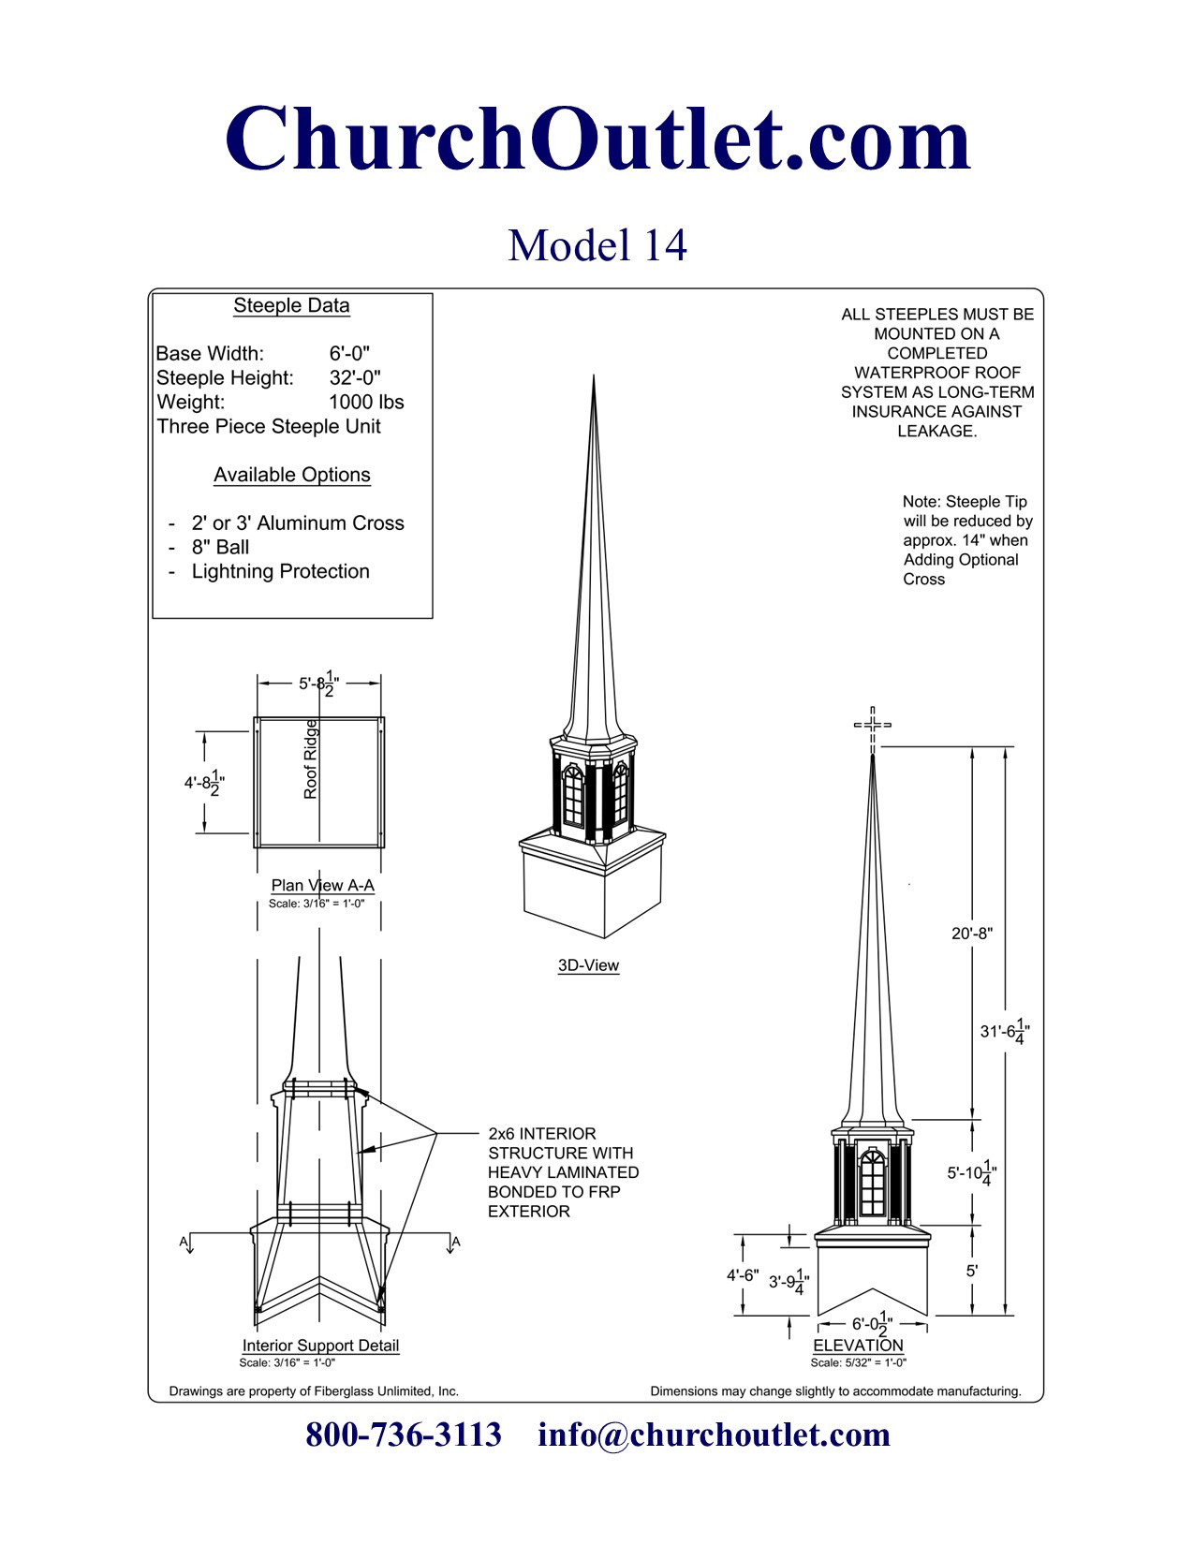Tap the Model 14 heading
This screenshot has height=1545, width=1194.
pyautogui.click(x=597, y=245)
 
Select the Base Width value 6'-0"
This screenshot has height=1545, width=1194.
pyautogui.click(x=349, y=354)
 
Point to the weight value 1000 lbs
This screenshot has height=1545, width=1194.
pyautogui.click(x=366, y=403)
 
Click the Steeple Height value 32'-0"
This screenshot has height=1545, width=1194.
pyautogui.click(x=354, y=378)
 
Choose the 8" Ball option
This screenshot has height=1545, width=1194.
pyautogui.click(x=220, y=548)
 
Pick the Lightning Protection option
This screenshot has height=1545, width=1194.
pyautogui.click(x=280, y=572)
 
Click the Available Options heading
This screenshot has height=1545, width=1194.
pyautogui.click(x=291, y=476)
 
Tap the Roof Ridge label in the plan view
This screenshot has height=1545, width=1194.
pyautogui.click(x=311, y=759)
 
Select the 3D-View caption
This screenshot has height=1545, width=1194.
pyautogui.click(x=588, y=965)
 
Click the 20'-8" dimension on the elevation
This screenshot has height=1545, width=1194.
pyautogui.click(x=972, y=934)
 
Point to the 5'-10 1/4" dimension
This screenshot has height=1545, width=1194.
pyautogui.click(x=971, y=1173)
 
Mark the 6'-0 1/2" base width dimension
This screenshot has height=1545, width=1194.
pyautogui.click(x=872, y=1324)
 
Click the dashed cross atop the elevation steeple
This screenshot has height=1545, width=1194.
pyautogui.click(x=873, y=725)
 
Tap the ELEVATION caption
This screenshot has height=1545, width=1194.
pyautogui.click(x=858, y=1346)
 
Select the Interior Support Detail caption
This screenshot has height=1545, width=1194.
pyautogui.click(x=320, y=1346)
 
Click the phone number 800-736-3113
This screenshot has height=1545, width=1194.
pyautogui.click(x=404, y=1435)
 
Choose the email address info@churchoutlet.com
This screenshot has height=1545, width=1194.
pyautogui.click(x=714, y=1435)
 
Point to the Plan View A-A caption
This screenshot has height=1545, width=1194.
pyautogui.click(x=322, y=886)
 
